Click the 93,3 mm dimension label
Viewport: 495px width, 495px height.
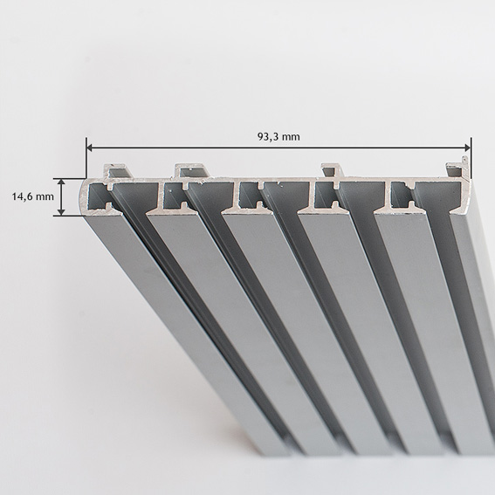[x=278, y=137]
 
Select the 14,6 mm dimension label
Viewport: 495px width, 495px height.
[x=33, y=196]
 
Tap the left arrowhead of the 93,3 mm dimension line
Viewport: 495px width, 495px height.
[x=90, y=148]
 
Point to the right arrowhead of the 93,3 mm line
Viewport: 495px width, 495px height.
[x=467, y=148]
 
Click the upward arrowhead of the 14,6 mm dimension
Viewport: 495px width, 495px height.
[x=62, y=182]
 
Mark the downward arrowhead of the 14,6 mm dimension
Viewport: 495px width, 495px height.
[x=62, y=212]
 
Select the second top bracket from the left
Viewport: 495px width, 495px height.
[x=191, y=171]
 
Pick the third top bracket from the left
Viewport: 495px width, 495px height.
[x=331, y=171]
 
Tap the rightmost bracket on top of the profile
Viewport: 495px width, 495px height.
[x=457, y=170]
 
